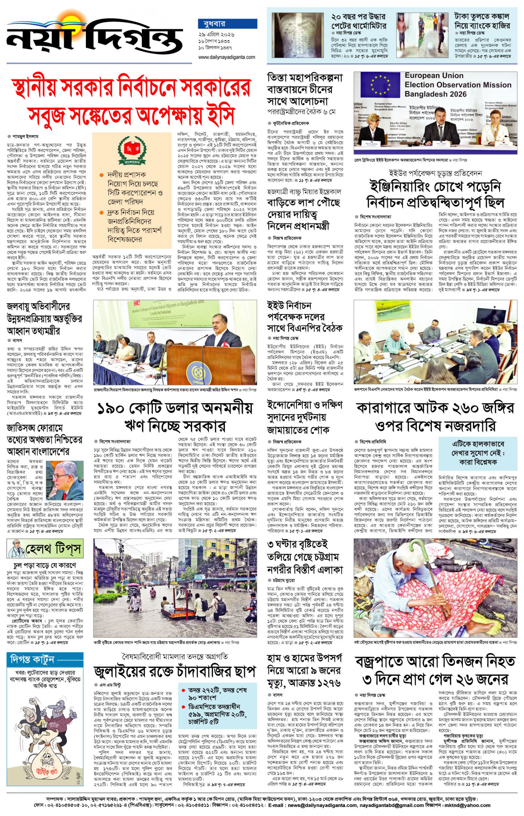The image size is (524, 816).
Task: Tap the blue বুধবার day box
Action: (x=227, y=24)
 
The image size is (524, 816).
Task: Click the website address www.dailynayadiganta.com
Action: (x=227, y=57)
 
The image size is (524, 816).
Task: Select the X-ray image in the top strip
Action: (x=297, y=35)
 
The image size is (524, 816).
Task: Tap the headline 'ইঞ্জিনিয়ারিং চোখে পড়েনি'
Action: (x=435, y=187)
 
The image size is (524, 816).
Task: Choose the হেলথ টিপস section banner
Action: (x=45, y=549)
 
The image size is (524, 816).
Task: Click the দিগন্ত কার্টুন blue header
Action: (x=45, y=659)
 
